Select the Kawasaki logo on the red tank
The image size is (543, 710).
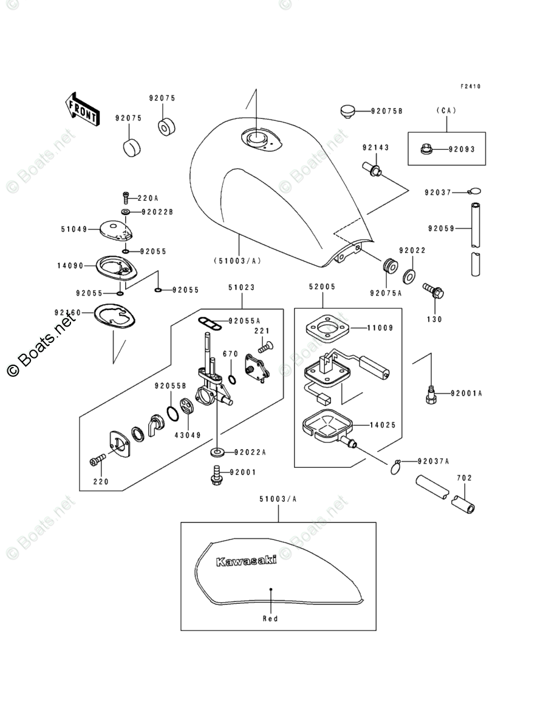point(246,561)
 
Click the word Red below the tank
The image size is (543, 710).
point(270,618)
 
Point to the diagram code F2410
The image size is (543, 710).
point(470,87)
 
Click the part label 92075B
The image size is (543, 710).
point(388,111)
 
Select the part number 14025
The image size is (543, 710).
point(383,425)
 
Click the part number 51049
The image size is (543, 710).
point(73,229)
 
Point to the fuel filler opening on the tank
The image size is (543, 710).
point(256,138)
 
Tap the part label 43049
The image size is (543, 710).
point(187,434)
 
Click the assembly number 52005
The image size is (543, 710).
point(322,286)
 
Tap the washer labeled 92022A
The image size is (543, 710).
point(217,452)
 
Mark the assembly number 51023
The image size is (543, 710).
point(242,287)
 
